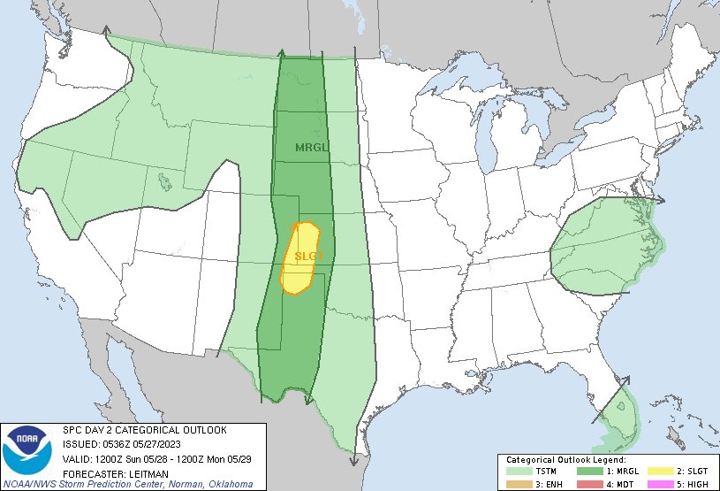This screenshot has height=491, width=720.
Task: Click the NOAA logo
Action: coord(28,451)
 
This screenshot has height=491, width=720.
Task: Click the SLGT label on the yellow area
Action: coord(310,256)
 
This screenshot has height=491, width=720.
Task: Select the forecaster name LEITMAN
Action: coord(141,472)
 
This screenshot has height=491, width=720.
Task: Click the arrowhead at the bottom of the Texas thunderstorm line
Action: coord(352,463)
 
